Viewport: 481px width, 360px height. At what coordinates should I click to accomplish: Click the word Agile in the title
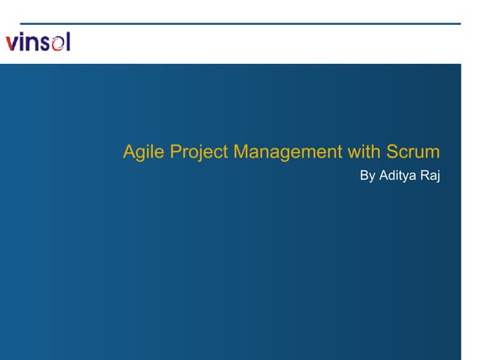(x=143, y=153)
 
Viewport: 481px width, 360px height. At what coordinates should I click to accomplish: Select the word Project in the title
(x=199, y=153)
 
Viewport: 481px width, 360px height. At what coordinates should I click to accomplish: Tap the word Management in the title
(x=287, y=153)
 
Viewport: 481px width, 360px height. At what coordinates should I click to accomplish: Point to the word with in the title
(x=364, y=152)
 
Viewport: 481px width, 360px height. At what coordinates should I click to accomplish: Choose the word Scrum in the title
(x=413, y=152)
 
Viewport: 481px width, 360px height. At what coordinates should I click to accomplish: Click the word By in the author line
(x=368, y=176)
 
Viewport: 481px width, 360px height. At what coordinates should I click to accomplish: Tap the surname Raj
(x=430, y=176)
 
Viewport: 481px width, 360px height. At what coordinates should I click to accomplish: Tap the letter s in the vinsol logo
(x=44, y=43)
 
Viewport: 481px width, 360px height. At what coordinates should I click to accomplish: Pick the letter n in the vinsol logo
(x=32, y=43)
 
